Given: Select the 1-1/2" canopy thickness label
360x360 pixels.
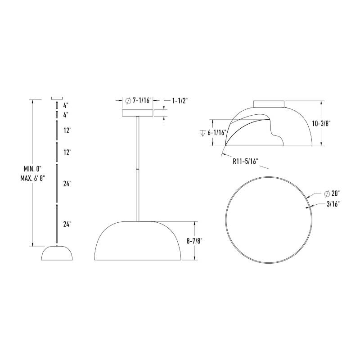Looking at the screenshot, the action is point(180,100).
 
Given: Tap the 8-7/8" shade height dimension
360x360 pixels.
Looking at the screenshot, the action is point(194,241).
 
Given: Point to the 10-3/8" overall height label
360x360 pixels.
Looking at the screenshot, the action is point(321,123).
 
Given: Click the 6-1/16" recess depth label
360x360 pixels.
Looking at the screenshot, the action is point(217,132).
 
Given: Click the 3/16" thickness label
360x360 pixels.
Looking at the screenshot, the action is point(333,204).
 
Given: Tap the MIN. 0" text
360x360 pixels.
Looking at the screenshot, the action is point(32,169).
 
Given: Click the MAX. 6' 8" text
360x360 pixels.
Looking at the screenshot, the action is point(32,178).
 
